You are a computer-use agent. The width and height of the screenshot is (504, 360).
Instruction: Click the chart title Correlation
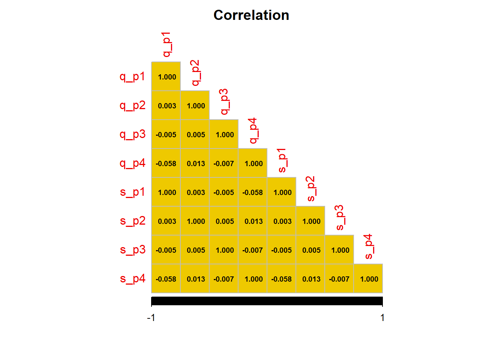click(251, 15)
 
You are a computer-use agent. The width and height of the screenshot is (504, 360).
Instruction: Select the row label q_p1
click(132, 76)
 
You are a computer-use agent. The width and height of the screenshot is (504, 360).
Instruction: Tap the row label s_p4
click(132, 279)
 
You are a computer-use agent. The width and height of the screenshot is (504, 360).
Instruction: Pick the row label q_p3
click(132, 134)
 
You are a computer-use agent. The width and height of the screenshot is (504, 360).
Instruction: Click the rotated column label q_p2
click(195, 73)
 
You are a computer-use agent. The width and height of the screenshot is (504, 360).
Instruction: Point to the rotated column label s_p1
click(282, 160)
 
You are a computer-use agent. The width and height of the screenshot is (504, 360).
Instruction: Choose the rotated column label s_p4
click(369, 246)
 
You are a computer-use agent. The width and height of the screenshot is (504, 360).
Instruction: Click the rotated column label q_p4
click(253, 130)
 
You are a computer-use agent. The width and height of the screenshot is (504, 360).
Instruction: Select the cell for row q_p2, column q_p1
click(166, 105)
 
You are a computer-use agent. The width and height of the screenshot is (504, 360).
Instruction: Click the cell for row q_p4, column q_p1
click(166, 163)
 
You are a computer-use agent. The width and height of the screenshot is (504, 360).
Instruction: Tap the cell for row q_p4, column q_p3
click(224, 163)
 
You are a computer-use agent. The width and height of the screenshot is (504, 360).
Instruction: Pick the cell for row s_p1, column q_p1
click(166, 192)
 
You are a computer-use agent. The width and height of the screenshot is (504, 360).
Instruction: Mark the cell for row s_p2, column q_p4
click(253, 221)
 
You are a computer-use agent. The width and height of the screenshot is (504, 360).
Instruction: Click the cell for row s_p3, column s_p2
click(310, 250)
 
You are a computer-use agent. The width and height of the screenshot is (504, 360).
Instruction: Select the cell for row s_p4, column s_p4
click(368, 279)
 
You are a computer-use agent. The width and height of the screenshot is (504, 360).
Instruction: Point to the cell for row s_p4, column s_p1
click(282, 279)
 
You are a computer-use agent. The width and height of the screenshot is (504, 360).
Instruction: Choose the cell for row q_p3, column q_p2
click(195, 134)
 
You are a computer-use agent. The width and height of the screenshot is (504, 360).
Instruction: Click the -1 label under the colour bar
click(151, 318)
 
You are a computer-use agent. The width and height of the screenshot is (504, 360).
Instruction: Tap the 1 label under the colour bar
click(382, 318)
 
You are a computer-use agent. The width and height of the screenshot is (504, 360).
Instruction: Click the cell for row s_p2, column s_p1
click(282, 221)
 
